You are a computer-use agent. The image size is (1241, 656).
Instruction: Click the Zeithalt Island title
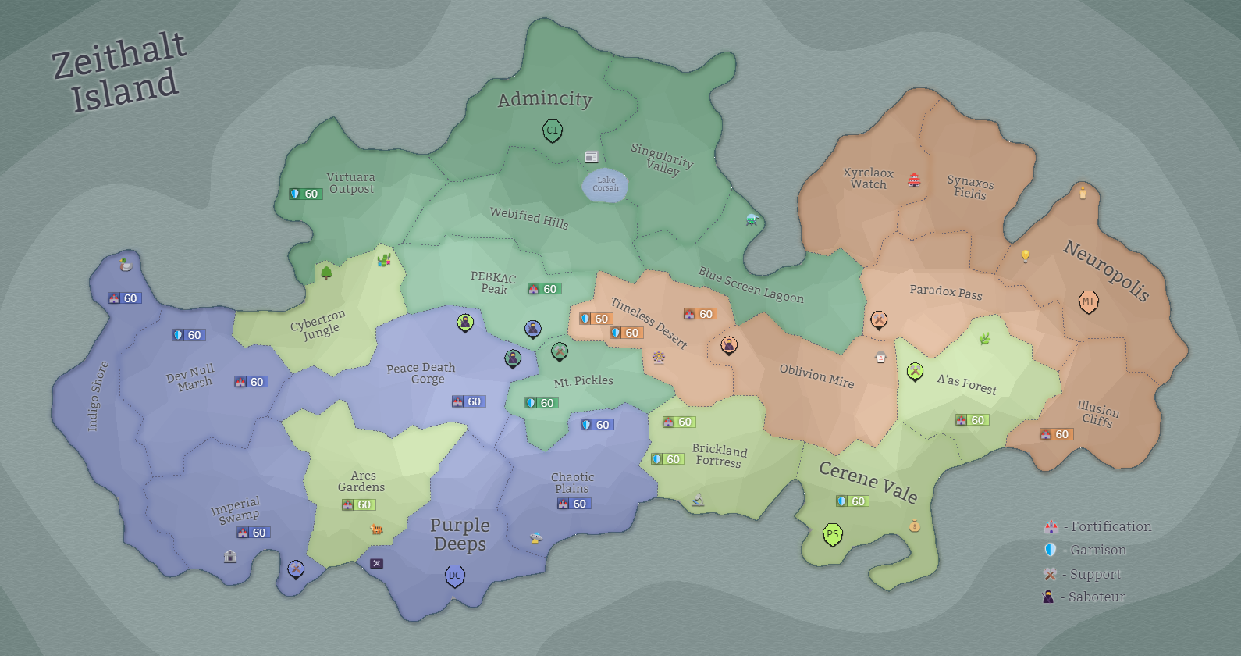click(x=119, y=72)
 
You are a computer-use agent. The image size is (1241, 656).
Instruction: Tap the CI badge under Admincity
click(x=553, y=130)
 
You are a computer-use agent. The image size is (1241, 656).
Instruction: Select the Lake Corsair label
click(x=606, y=184)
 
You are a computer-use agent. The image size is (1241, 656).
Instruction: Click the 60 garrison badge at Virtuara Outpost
click(x=305, y=194)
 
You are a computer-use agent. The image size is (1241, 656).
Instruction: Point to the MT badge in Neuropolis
click(x=1088, y=301)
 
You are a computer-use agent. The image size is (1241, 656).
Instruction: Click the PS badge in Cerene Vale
click(x=833, y=534)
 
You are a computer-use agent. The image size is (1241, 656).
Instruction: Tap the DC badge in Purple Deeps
click(x=455, y=576)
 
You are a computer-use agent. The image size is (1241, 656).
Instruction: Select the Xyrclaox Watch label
click(x=868, y=179)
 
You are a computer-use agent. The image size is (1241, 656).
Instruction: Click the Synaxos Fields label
click(x=970, y=187)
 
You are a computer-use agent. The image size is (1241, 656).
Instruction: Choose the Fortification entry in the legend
click(x=1099, y=527)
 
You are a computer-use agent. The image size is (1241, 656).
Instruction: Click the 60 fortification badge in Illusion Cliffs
click(x=1056, y=434)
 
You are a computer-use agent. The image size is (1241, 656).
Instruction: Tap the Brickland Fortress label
click(x=719, y=456)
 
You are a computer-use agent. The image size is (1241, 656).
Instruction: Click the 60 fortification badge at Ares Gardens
click(x=358, y=504)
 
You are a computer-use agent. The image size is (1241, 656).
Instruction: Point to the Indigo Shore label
click(x=98, y=396)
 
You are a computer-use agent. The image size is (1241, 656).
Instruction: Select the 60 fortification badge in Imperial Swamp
click(x=254, y=533)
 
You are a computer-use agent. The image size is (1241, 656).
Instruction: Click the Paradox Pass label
click(x=946, y=292)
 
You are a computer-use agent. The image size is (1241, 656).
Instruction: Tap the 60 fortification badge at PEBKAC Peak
click(x=544, y=289)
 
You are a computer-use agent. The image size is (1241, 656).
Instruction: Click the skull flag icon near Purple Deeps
click(x=376, y=563)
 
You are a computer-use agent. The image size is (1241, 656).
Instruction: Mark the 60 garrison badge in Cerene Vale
click(x=852, y=501)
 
